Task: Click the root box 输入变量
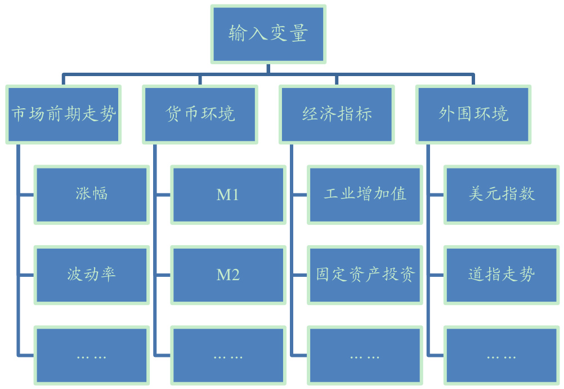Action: (x=268, y=34)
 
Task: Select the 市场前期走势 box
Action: (x=64, y=114)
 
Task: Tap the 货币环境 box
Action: (x=200, y=114)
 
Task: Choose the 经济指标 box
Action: (x=337, y=114)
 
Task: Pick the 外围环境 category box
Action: (x=473, y=114)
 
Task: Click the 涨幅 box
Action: (x=92, y=194)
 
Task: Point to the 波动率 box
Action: (x=92, y=275)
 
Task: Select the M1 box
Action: (x=228, y=194)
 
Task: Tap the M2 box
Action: (x=228, y=275)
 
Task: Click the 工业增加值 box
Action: (x=365, y=194)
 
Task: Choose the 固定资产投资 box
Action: (x=365, y=275)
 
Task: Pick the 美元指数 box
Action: (x=502, y=194)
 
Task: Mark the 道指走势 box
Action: (x=502, y=275)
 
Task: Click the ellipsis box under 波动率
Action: (x=92, y=355)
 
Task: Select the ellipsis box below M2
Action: (x=228, y=355)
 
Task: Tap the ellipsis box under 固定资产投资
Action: (x=365, y=355)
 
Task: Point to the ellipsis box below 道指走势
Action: (x=502, y=355)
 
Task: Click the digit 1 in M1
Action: (x=235, y=195)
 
